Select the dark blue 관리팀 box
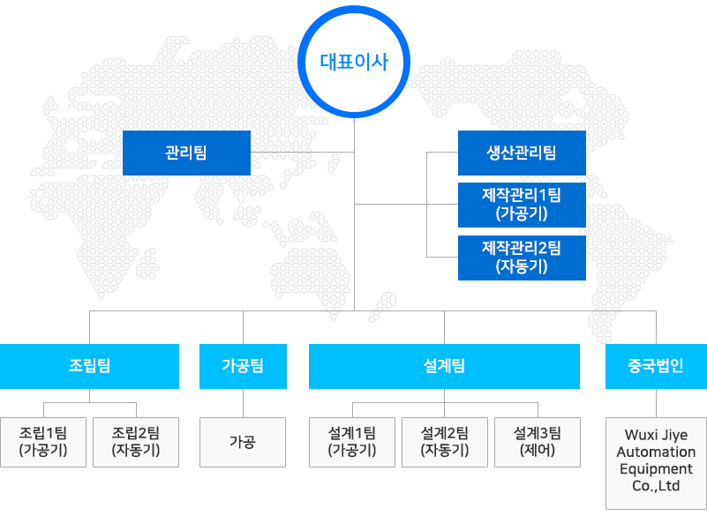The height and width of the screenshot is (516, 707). point(186,153)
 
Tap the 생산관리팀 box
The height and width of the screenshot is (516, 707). point(522,153)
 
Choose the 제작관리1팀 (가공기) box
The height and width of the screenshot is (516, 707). point(522,205)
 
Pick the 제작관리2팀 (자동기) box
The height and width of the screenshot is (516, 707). point(522,258)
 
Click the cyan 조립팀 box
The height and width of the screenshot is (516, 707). point(89,366)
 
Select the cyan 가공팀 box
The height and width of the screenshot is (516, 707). point(243,366)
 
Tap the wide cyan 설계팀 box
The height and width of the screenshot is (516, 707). point(444,366)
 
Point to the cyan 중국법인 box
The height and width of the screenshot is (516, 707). point(656,366)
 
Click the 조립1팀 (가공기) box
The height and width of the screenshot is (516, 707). point(43,442)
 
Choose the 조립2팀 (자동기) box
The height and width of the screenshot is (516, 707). point(136,442)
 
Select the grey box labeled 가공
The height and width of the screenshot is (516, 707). point(243,442)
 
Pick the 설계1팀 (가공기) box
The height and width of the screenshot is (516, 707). point(352,442)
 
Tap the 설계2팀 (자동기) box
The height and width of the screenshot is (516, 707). point(445,442)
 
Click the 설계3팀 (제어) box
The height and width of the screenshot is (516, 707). point(538,442)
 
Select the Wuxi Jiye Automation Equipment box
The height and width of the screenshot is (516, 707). point(656,463)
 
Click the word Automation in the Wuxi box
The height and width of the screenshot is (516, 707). point(656,452)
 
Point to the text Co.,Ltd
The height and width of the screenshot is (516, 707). point(656,486)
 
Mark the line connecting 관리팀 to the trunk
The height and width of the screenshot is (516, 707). point(302,153)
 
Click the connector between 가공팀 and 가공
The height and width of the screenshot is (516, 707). point(243,403)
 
